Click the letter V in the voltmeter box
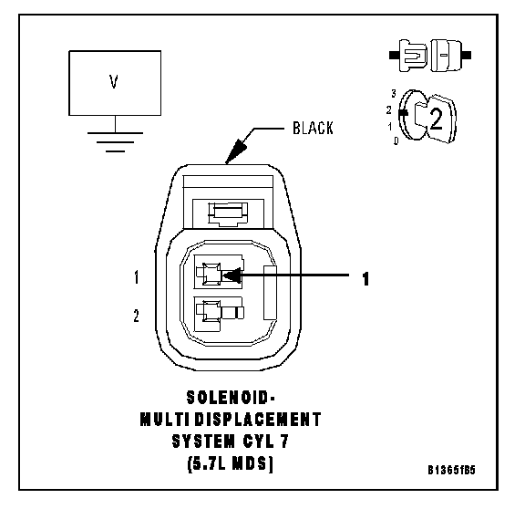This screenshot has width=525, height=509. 114,81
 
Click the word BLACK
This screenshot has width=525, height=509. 313,128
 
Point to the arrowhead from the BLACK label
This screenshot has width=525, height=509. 236,151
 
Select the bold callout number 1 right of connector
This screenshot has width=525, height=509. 365,279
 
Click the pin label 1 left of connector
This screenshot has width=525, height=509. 137,277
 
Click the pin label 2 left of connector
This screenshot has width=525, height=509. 136,316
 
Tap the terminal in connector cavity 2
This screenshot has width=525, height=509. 220,312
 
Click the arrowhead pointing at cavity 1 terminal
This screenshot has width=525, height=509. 232,275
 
